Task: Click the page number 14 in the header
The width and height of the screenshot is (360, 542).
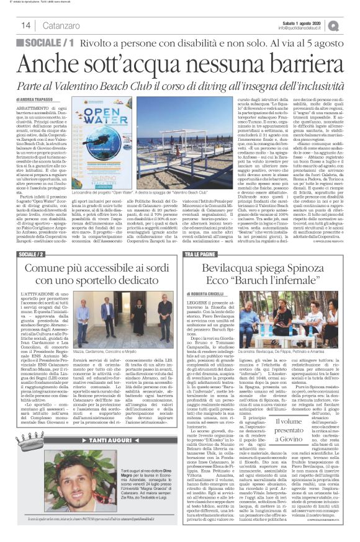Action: [x=27, y=25]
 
